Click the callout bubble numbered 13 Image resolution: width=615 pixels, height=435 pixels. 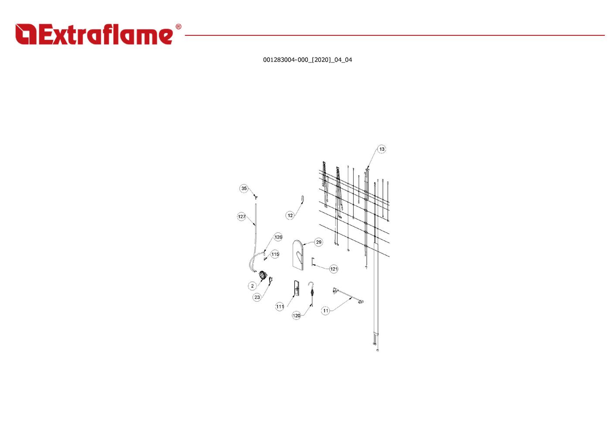382,149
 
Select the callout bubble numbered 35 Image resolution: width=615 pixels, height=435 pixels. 244,188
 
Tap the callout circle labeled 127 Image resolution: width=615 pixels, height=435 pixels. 242,217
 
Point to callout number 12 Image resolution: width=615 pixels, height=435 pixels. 290,215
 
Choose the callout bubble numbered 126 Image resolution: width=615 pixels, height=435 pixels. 278,237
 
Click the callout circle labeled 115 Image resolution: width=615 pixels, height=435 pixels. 275,254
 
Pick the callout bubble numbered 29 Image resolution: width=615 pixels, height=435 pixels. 318,242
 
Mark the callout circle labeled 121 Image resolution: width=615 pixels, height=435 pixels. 334,269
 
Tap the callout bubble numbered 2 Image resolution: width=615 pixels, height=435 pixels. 252,286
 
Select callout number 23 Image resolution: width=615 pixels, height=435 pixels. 257,297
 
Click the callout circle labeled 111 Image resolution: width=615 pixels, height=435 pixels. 280,306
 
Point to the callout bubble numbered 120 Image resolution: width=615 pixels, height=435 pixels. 297,316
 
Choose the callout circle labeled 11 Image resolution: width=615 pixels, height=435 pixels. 326,311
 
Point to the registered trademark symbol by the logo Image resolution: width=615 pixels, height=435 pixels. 178,27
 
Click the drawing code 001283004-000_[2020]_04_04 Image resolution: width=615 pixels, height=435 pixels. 307,60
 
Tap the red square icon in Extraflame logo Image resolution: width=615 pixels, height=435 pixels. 26,34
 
